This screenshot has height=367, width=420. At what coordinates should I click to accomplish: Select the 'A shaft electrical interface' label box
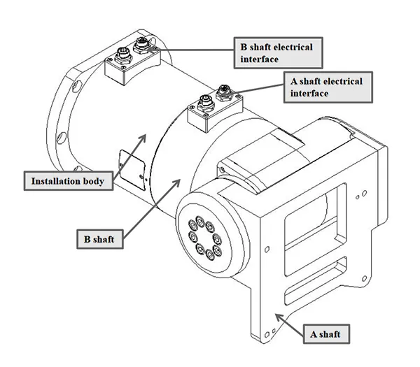pos(328,87)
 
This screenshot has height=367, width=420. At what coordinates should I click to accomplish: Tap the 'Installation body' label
pos(67,181)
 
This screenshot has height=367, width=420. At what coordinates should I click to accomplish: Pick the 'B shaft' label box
pos(100,238)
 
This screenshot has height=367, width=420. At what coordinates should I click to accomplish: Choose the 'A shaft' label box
pos(325,334)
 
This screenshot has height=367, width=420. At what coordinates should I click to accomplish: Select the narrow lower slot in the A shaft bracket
pos(339,271)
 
